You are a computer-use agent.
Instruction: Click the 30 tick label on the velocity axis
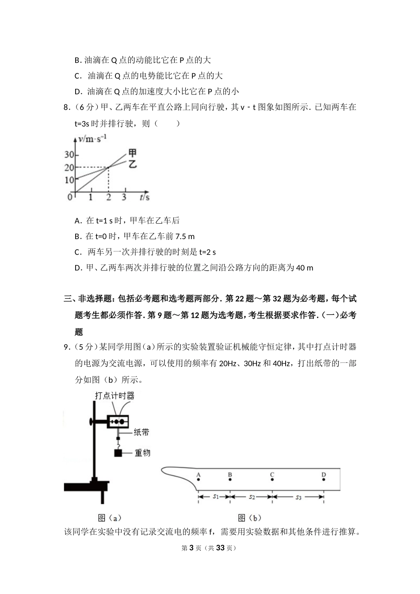(69, 155)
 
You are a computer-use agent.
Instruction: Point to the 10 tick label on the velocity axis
(69, 180)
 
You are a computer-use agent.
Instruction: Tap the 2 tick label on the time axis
(108, 197)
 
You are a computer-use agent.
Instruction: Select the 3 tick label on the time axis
(124, 197)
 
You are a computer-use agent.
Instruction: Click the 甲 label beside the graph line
(132, 153)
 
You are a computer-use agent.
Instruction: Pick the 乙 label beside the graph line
(132, 164)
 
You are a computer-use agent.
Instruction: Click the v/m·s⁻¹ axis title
(92, 139)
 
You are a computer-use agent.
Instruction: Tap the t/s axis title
(145, 197)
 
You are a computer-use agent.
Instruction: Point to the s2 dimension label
(252, 497)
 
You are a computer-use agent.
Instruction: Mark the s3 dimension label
(298, 497)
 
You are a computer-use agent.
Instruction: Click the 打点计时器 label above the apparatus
(115, 396)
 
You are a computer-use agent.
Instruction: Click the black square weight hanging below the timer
(118, 453)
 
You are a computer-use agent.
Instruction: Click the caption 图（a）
(109, 518)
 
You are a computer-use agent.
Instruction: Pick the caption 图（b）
(249, 518)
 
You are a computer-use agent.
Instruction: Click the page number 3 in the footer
(191, 548)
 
